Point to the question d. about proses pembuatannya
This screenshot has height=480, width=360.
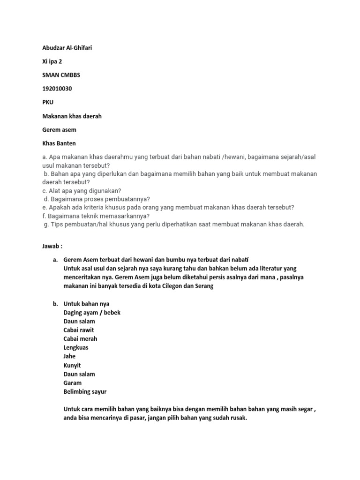[x=97, y=199]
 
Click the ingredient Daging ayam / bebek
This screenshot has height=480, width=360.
[x=92, y=312]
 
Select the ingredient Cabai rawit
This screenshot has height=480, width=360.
[x=79, y=330]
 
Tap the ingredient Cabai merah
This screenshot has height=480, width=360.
[x=80, y=338]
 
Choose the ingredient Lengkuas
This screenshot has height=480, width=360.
[x=76, y=347]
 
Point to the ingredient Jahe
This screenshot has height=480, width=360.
[x=69, y=356]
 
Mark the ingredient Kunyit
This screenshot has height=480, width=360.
[x=72, y=365]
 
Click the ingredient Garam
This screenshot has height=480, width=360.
[x=72, y=382]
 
